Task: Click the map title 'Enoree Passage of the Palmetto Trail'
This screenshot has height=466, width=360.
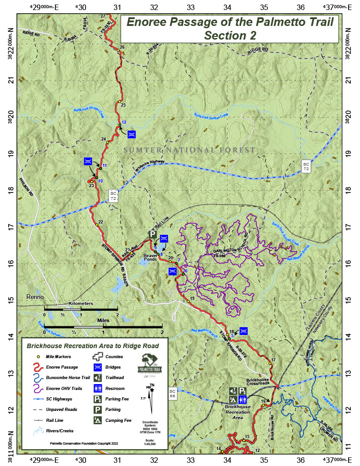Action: coord(230,22)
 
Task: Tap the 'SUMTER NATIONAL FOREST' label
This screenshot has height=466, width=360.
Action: coord(190,150)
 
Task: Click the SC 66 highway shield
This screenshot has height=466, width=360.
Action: coord(172,394)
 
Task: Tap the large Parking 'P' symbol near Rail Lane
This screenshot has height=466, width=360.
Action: coord(153,234)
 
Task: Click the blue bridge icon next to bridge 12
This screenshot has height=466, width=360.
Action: coord(132,134)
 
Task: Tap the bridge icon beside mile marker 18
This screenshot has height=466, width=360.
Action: coord(243,330)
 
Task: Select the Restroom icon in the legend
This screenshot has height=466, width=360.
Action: coord(97,388)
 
